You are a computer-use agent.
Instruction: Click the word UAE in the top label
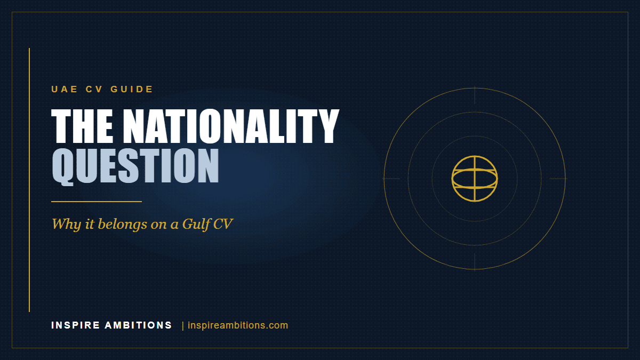tap(65, 89)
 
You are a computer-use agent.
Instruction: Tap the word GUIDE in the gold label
tap(132, 89)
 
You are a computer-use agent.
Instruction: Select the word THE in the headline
tap(82, 126)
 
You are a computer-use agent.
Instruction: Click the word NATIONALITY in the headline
tap(231, 126)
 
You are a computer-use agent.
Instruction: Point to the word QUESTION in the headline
tap(135, 166)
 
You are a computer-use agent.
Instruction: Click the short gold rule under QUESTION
tap(97, 202)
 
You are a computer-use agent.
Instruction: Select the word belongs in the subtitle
tap(123, 225)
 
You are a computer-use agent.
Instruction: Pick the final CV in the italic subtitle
tap(223, 224)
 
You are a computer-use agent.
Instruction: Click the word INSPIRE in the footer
tap(76, 325)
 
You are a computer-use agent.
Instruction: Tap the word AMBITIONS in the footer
tap(138, 325)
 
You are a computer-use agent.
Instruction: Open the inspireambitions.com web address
tap(238, 325)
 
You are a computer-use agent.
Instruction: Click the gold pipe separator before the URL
tap(183, 326)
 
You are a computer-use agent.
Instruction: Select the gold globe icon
tap(475, 179)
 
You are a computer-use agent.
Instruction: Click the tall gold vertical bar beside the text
tap(29, 180)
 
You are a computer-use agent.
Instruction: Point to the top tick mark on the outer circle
tap(475, 95)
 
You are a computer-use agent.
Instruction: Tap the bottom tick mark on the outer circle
tap(475, 262)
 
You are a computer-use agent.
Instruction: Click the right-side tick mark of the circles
tap(558, 179)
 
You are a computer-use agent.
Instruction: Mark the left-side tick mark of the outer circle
tap(391, 179)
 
